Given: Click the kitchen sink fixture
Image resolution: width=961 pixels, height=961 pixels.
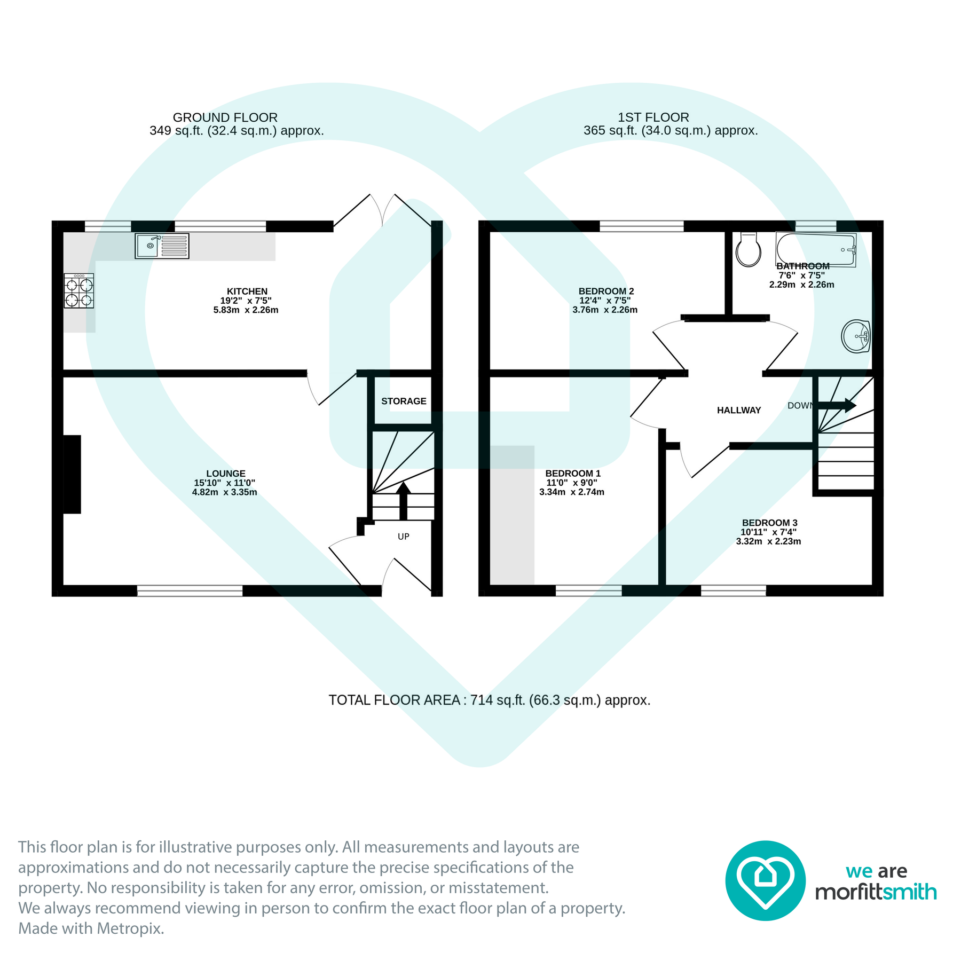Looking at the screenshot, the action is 162,246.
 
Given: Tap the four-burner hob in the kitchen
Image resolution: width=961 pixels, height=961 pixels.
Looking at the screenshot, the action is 79,291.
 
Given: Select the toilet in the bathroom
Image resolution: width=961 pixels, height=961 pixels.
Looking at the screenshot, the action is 748,249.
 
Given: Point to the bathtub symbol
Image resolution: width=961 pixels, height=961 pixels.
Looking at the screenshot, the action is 816,249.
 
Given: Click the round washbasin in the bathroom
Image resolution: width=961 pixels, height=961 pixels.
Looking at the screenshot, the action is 856,336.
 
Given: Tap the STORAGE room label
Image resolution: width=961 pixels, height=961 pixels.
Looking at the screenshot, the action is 404,401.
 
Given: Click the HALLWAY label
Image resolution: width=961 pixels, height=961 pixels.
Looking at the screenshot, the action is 739,410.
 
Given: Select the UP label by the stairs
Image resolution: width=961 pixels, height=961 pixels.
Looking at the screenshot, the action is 404,537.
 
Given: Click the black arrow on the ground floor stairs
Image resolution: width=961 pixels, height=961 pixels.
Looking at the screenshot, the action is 403,501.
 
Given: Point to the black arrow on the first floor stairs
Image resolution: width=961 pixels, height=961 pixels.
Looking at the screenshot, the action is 837,405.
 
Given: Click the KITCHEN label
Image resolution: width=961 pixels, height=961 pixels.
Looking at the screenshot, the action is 247,292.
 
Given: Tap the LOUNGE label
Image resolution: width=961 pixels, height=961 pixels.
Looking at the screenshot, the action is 226,474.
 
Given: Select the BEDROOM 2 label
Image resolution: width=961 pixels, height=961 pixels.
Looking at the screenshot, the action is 606,291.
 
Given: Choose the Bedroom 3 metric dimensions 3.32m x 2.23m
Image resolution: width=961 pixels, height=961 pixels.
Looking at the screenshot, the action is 769,541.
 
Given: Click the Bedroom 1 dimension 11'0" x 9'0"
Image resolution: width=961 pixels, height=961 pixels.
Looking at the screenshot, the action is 572,483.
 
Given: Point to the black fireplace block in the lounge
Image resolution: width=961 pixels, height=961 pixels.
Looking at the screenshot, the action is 72,475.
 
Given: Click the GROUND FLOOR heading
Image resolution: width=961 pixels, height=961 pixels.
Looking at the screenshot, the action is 225,117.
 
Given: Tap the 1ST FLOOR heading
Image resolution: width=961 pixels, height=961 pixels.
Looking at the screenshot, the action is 653,117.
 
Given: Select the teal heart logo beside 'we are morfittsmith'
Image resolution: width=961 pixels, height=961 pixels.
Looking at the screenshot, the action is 766,880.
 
